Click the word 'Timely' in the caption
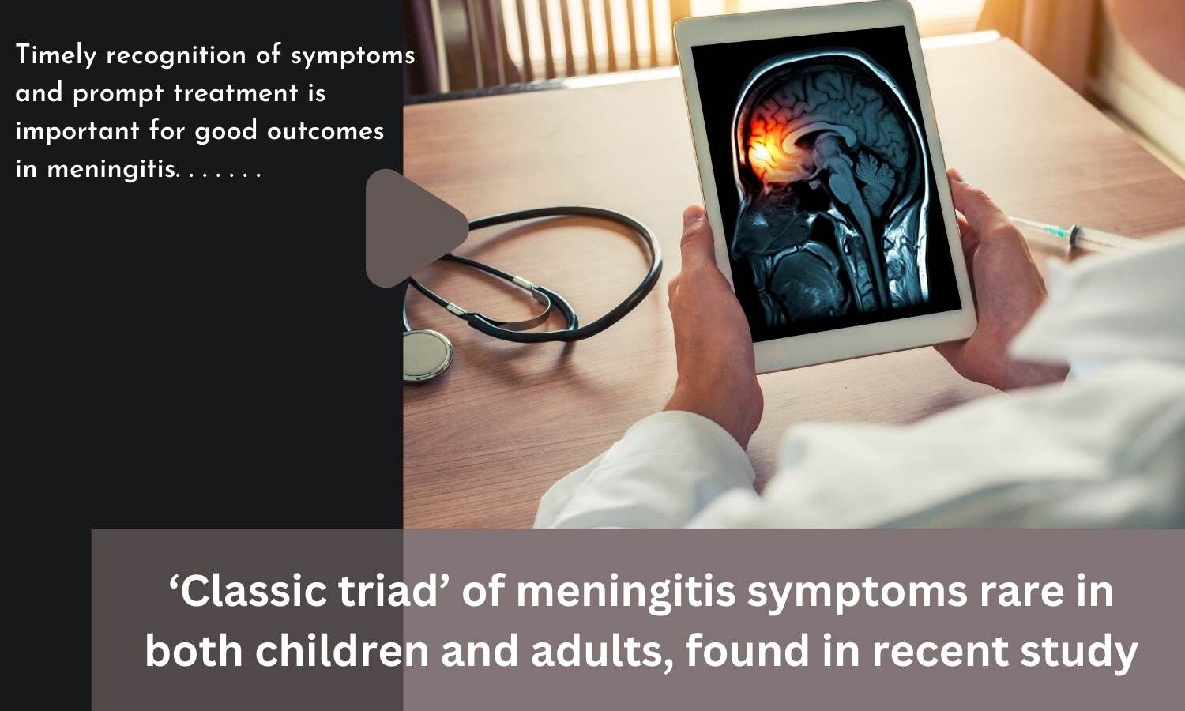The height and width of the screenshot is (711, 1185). coord(55,55)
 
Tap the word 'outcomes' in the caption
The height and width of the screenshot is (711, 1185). coord(325,131)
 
